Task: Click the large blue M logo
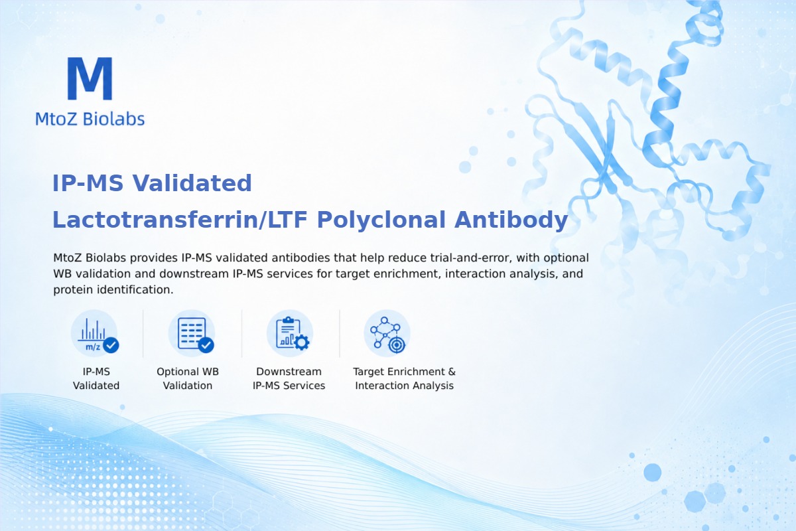click(90, 78)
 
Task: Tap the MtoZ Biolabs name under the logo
click(90, 119)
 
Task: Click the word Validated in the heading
click(192, 183)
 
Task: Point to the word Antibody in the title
click(511, 220)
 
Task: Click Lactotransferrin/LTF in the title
click(180, 220)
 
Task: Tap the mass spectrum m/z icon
click(94, 333)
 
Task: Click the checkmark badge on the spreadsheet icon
click(206, 345)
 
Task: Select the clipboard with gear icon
click(290, 333)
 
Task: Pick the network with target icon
click(387, 333)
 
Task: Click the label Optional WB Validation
click(188, 378)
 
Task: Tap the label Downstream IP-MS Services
click(289, 378)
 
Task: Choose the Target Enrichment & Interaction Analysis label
click(405, 378)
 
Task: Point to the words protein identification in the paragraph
click(113, 290)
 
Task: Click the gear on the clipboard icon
click(302, 342)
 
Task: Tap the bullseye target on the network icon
click(397, 344)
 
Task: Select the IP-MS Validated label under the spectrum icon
click(96, 378)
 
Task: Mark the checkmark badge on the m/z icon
click(111, 344)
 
